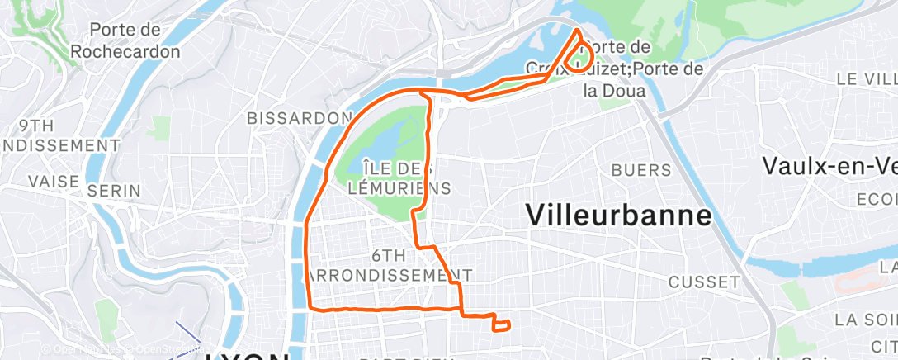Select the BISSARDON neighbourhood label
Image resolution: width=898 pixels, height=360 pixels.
(299, 118)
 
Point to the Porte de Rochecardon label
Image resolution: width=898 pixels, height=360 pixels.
(125, 40)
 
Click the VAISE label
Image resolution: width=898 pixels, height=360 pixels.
(54, 181)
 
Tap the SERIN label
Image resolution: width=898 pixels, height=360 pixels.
(108, 190)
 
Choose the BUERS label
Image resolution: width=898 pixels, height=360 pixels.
(642, 170)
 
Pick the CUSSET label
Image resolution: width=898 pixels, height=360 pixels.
(704, 282)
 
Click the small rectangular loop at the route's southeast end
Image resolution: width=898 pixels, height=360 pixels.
(501, 325)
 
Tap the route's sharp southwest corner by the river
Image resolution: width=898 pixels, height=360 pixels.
(310, 308)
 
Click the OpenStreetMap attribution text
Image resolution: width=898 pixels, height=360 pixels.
(91, 350)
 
